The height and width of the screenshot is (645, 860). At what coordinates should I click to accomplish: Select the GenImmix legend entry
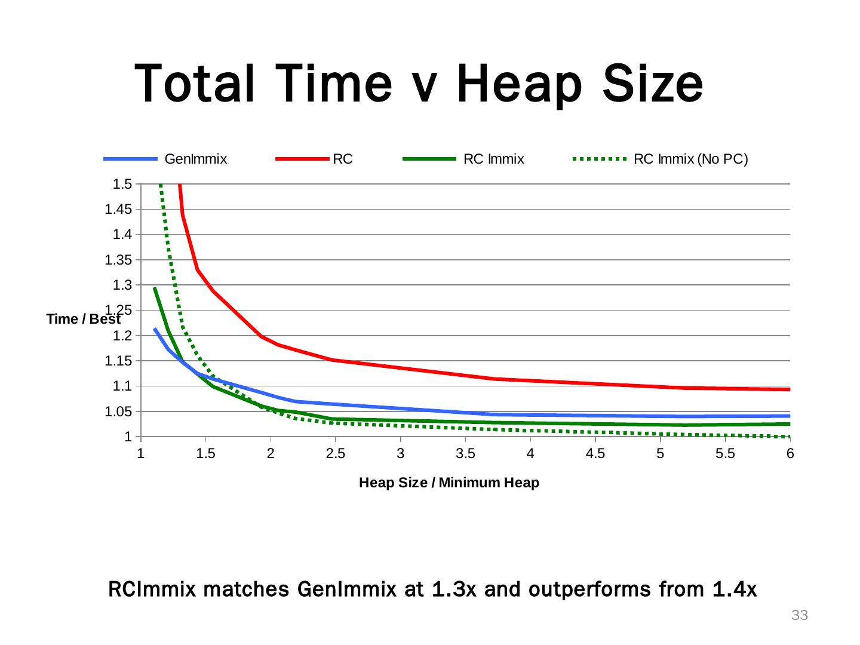[195, 159]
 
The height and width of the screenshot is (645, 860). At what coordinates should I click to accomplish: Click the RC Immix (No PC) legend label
[690, 159]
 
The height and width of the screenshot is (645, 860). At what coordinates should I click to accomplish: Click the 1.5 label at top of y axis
[122, 184]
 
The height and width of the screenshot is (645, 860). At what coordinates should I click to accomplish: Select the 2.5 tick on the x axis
[336, 454]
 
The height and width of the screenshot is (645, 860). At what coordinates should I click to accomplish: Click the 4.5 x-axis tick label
[595, 454]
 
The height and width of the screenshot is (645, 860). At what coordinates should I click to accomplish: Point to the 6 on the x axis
[790, 454]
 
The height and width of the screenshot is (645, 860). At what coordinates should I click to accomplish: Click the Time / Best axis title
[84, 320]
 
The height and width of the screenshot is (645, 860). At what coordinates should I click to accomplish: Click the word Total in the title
[198, 84]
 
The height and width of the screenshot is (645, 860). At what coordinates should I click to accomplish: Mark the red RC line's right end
[790, 389]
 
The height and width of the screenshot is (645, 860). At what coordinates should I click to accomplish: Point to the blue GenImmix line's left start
[155, 328]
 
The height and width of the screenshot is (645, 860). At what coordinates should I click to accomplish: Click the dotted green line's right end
[790, 437]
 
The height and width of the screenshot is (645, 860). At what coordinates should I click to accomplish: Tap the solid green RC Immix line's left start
[155, 288]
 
